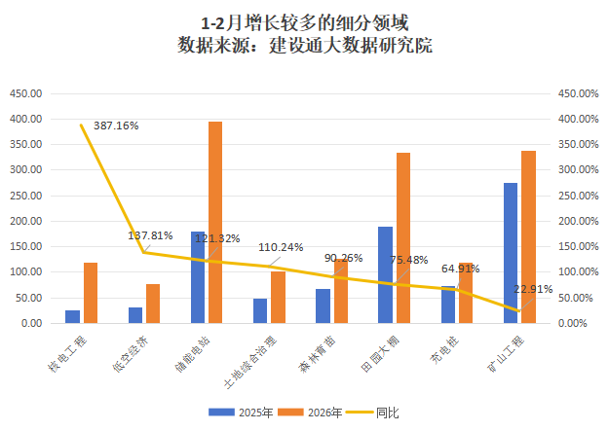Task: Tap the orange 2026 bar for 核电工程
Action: tap(91, 293)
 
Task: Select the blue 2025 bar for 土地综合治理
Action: tap(260, 310)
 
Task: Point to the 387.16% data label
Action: tap(116, 126)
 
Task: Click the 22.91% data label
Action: tap(533, 289)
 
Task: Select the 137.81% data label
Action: tap(150, 235)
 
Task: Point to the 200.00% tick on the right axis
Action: tap(574, 221)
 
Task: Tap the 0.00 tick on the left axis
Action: tap(30, 323)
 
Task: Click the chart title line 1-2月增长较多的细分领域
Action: tap(305, 22)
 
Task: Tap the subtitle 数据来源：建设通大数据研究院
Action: tap(305, 45)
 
